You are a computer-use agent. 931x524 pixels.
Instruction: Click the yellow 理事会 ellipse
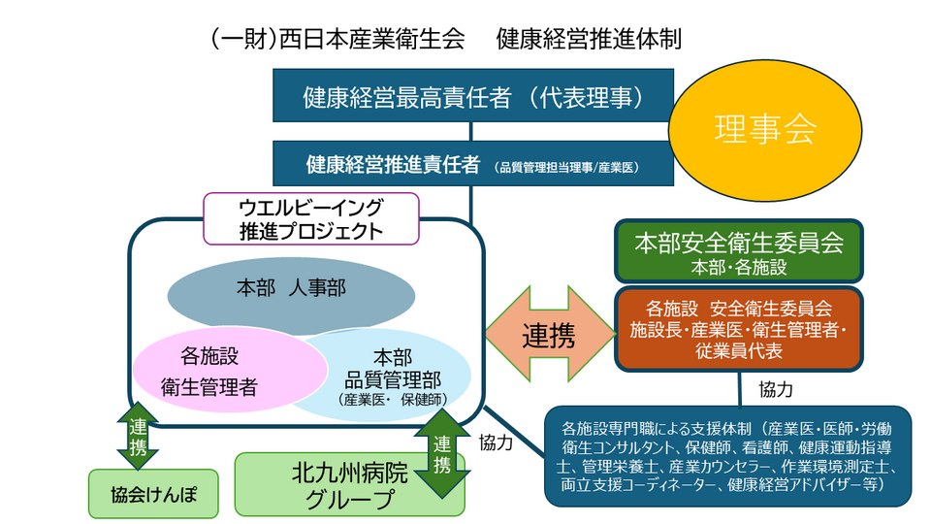765,128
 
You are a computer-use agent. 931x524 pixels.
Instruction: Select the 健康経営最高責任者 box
472,99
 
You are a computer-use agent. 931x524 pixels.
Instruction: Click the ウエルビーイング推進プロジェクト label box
310,218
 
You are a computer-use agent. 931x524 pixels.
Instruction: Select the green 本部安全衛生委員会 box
738,250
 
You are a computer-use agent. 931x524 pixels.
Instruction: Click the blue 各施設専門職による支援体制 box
727,456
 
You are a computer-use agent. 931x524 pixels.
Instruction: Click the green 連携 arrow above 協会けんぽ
138,436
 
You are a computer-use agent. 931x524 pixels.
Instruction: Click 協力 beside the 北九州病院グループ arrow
496,442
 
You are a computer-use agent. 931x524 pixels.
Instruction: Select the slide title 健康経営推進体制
589,40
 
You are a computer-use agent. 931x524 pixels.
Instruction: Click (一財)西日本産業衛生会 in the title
336,40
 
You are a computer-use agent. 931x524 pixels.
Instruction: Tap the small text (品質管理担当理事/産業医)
566,166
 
